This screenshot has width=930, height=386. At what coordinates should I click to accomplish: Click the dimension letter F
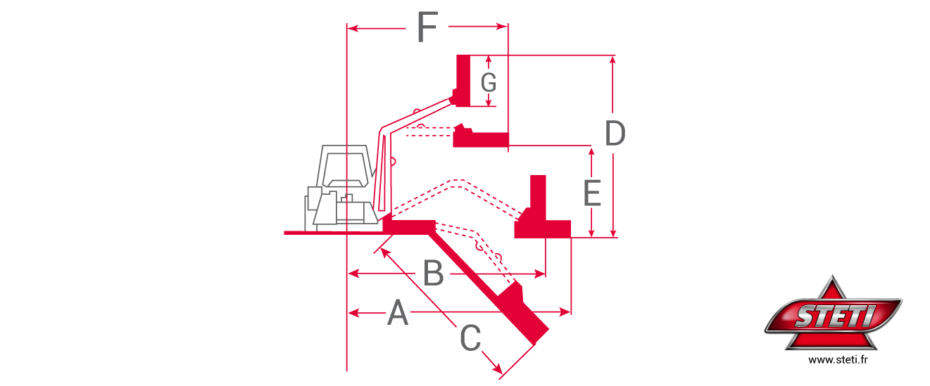click(427, 28)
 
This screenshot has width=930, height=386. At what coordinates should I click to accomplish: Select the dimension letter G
click(489, 83)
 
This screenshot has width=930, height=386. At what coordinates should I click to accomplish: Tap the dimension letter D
click(615, 134)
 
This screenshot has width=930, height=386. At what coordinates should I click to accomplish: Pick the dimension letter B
click(433, 274)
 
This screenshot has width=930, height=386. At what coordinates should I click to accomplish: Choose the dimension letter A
click(398, 313)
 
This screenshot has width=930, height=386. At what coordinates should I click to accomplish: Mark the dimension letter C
click(470, 339)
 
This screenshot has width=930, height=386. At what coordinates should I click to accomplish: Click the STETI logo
click(834, 314)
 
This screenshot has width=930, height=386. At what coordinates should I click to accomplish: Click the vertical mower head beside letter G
click(463, 80)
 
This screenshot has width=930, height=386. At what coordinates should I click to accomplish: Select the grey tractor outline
click(341, 188)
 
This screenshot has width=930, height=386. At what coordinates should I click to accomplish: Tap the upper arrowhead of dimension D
click(613, 60)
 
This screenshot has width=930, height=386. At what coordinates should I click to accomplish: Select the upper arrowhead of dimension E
click(591, 151)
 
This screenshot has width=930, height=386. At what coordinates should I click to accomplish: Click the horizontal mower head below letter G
click(482, 139)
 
